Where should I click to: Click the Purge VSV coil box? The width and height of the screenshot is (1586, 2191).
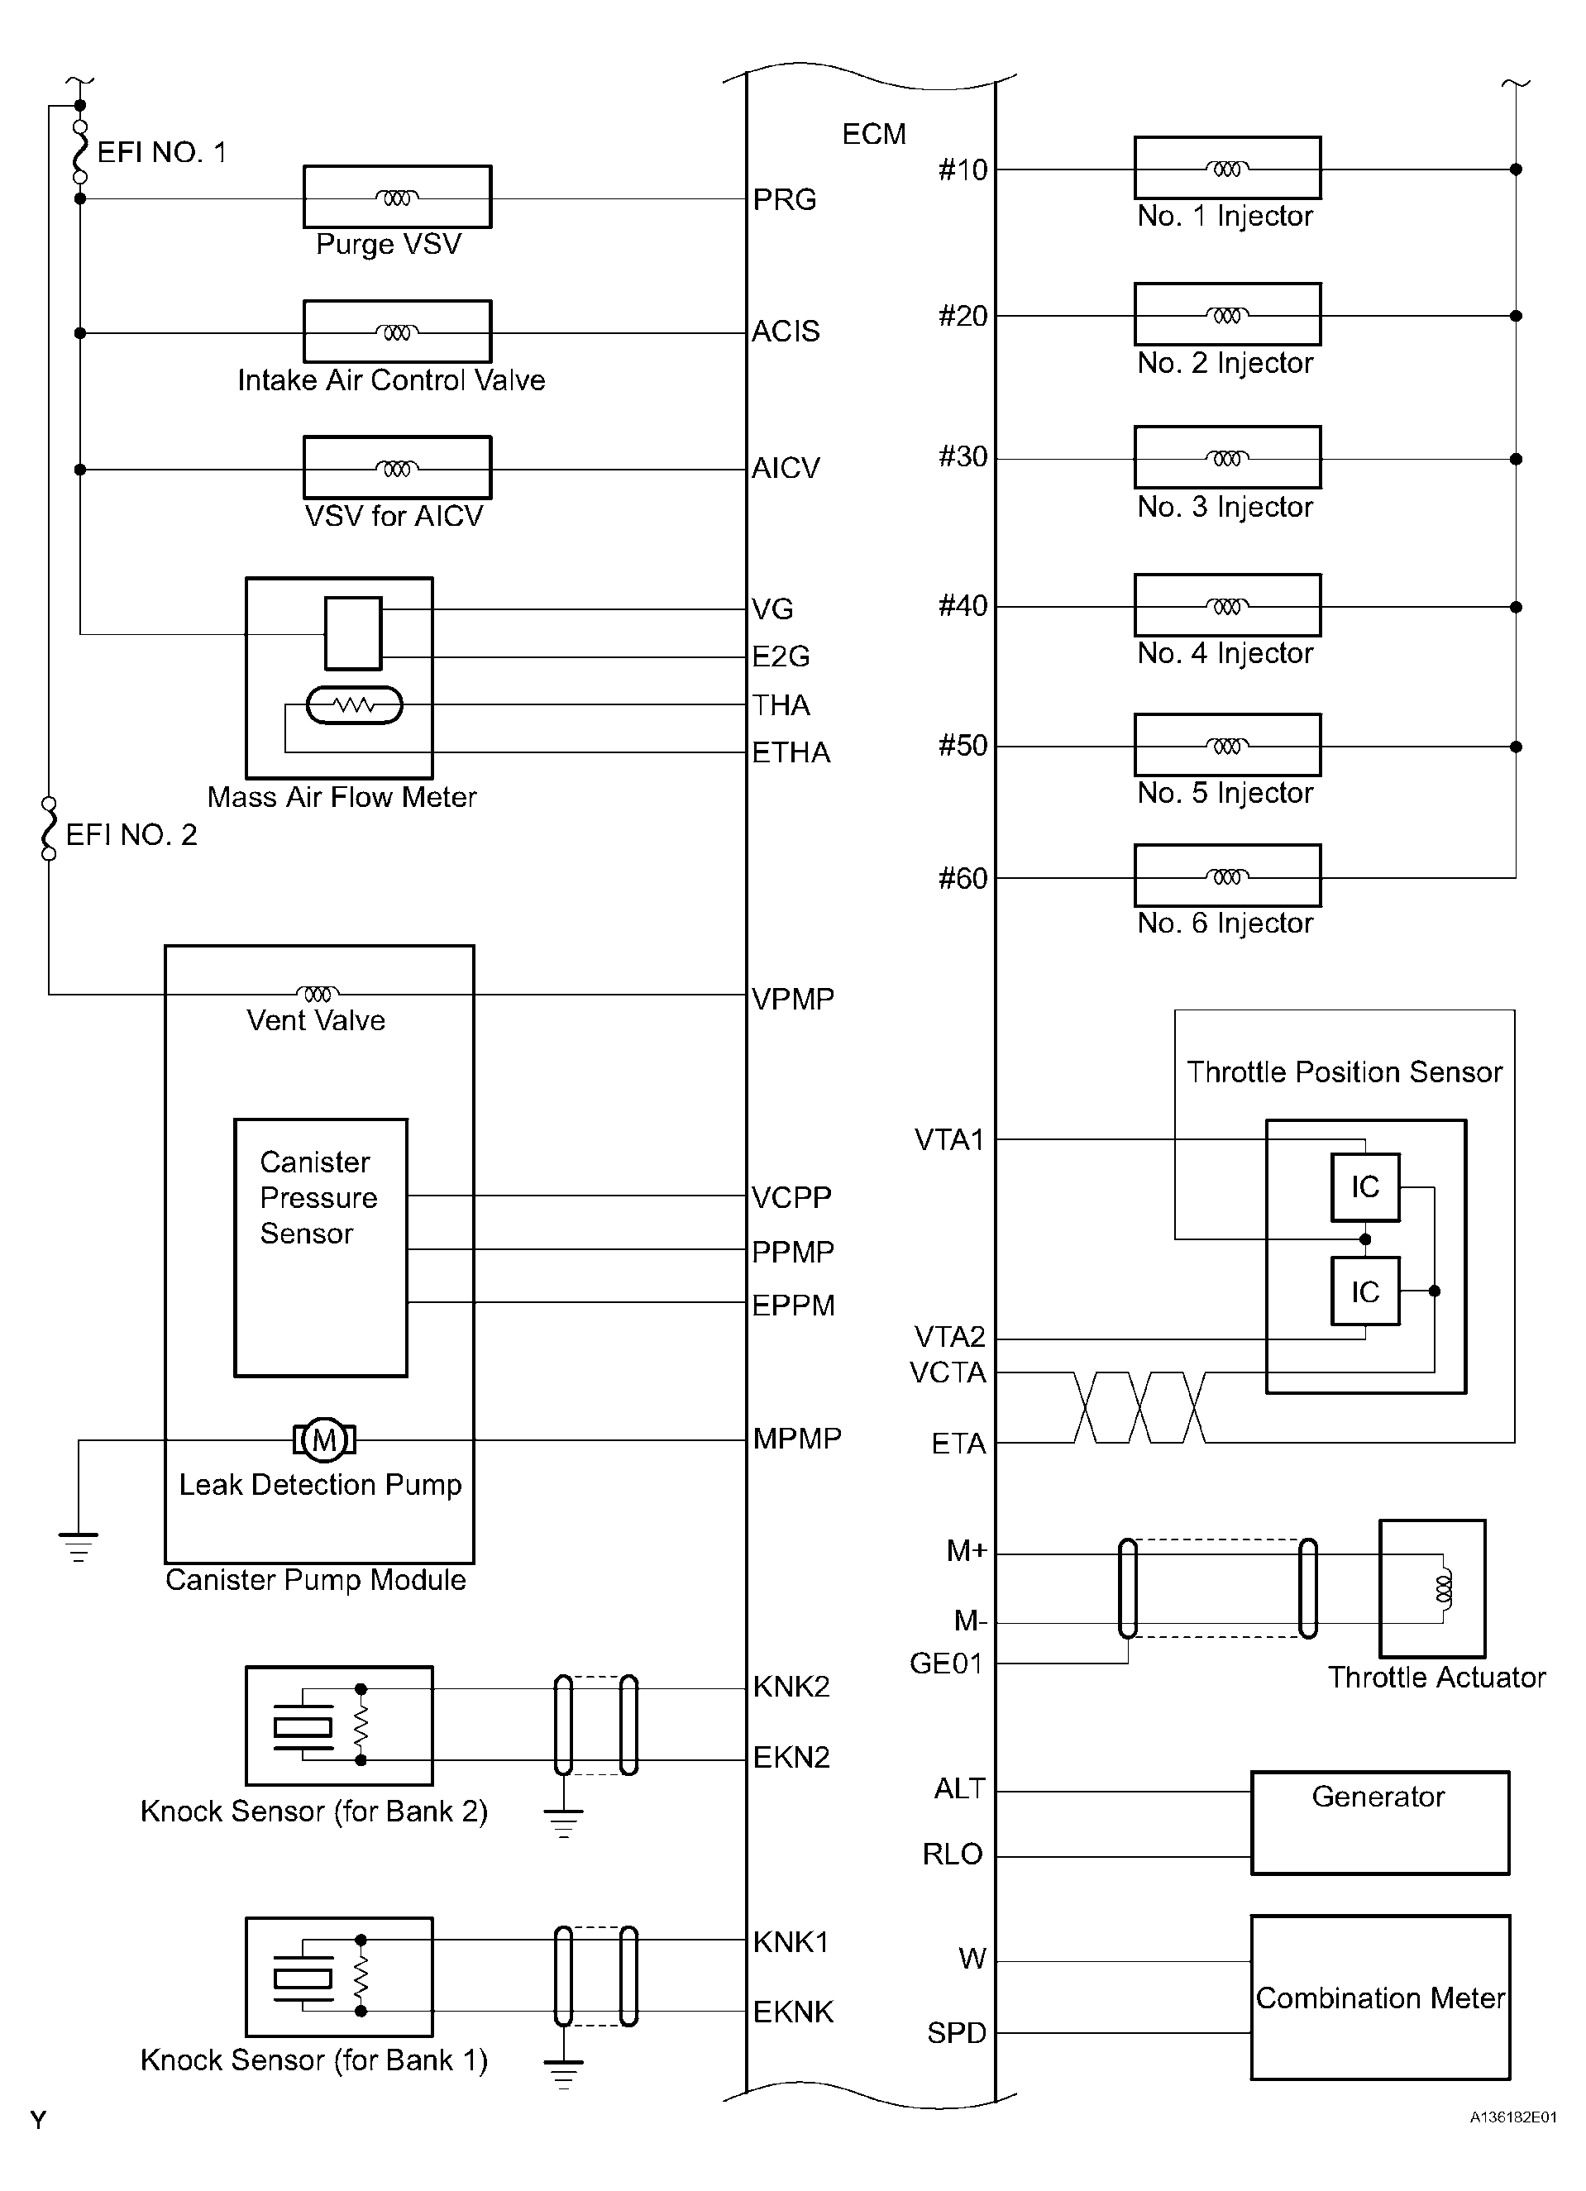(397, 197)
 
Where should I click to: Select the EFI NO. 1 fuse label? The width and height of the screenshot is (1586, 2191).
(161, 153)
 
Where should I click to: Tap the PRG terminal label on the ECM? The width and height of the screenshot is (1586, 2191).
(784, 200)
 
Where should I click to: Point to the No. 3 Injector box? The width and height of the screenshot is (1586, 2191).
(1226, 458)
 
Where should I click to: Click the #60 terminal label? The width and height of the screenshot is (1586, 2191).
(963, 878)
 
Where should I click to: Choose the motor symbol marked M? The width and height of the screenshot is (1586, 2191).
(324, 1440)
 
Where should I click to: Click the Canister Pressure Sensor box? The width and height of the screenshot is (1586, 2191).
(321, 1247)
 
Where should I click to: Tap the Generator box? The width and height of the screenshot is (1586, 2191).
(1379, 1823)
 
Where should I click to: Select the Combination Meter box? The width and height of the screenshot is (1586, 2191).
(1379, 1997)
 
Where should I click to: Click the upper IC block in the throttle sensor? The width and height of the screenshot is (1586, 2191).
(1365, 1186)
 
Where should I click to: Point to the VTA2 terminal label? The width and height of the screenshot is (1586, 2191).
(949, 1337)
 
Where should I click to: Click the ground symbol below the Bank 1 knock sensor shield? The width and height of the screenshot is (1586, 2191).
(563, 2074)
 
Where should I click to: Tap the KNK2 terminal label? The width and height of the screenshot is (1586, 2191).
(791, 1687)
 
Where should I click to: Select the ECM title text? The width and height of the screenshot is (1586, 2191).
(874, 134)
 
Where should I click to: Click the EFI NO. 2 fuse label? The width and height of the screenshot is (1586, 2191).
(131, 835)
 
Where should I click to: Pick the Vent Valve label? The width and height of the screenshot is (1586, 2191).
(316, 1021)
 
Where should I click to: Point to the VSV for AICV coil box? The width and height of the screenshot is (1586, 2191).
(397, 469)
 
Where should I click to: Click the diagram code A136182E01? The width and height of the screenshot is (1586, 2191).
(1512, 2117)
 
